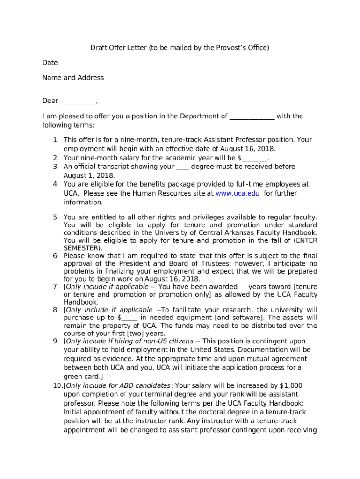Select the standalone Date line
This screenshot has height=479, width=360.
coord(50,63)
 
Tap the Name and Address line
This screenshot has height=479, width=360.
coord(73,78)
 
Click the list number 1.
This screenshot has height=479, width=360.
coord(55,140)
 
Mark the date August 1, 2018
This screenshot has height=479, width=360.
coord(88,175)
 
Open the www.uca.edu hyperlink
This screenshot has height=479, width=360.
coord(237,193)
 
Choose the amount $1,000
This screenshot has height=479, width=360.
coord(291,386)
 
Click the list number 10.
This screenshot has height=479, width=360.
coord(57,386)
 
